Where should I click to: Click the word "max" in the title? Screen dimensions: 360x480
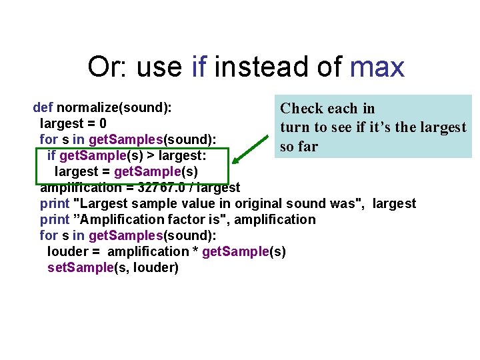tap(377, 67)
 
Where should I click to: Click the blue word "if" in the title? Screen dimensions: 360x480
tap(198, 67)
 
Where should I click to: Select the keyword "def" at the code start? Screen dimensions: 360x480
tap(43, 107)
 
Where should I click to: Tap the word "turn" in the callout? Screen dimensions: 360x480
tap(296, 127)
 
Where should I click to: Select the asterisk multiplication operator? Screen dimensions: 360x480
tap(195, 252)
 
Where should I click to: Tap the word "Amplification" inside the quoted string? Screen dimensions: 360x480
tap(116, 219)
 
